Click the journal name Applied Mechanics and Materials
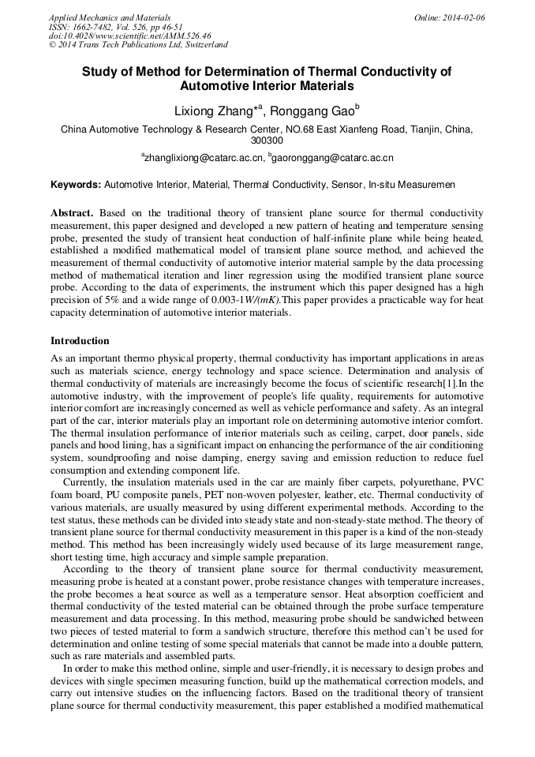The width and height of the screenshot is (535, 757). pyautogui.click(x=110, y=17)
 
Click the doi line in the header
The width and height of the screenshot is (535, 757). pyautogui.click(x=129, y=36)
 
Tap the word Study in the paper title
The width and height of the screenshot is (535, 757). pyautogui.click(x=100, y=72)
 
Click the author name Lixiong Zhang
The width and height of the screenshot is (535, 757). pyautogui.click(x=211, y=112)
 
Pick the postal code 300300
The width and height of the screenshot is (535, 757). pyautogui.click(x=267, y=141)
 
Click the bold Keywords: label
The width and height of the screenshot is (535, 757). pyautogui.click(x=76, y=185)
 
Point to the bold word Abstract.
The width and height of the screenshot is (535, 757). pyautogui.click(x=72, y=214)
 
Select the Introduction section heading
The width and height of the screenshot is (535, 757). pyautogui.click(x=80, y=341)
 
